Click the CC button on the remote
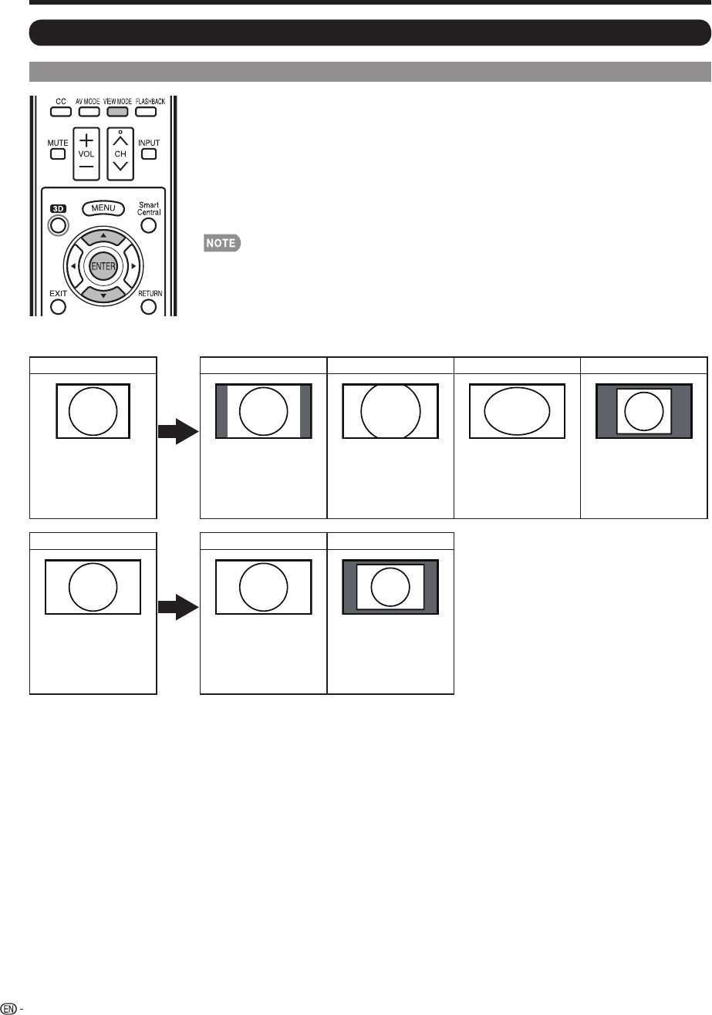59,111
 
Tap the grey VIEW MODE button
117,111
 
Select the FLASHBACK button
148,111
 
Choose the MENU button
103,208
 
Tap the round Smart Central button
148,225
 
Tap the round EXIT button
59,307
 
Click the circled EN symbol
9,1007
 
